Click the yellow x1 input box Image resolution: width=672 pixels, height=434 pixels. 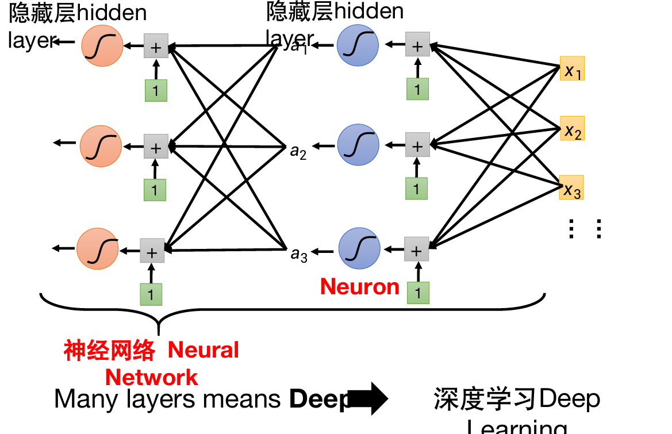pos(572,68)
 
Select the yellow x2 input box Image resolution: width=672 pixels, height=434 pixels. pos(572,128)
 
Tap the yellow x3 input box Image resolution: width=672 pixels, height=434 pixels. pos(571,187)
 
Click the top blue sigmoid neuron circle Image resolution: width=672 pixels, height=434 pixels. pos(358,45)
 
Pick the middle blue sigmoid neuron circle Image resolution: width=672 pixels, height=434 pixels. pos(358,145)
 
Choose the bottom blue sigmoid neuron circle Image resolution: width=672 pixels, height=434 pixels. pos(359,248)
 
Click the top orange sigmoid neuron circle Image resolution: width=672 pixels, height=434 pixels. pos(102,46)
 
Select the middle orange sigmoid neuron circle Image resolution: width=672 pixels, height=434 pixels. pos(101,147)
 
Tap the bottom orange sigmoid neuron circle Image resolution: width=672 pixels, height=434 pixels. pos(98,249)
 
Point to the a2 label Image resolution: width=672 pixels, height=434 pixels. pos(298,152)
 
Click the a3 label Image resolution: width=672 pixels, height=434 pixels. pos(299,254)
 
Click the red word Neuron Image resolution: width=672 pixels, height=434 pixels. pos(359,286)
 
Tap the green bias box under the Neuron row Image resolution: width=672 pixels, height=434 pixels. pos(418,293)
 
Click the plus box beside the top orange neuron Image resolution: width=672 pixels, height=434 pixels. pos(156,47)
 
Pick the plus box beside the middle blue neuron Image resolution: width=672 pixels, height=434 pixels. pos(417,145)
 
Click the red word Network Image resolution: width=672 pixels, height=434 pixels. pos(152,378)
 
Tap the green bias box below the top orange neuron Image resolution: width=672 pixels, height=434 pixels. pos(156,91)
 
